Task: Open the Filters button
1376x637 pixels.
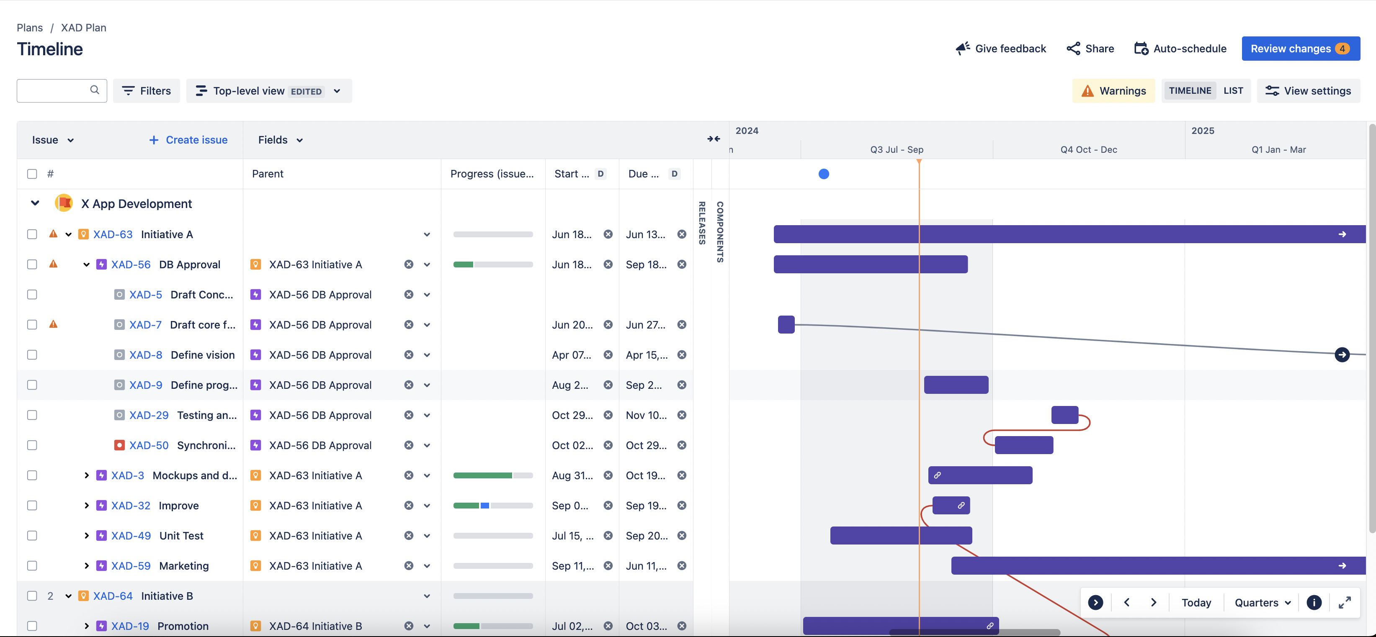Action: [x=147, y=91]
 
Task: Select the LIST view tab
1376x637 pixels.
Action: [x=1233, y=91]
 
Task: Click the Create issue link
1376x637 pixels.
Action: [x=188, y=140]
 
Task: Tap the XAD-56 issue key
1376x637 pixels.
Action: [x=131, y=265]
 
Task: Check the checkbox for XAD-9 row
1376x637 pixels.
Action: [x=32, y=385]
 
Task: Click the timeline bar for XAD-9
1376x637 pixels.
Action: [x=956, y=385]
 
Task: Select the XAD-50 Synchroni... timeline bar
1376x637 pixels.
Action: [x=1023, y=445]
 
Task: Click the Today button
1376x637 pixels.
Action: [x=1196, y=602]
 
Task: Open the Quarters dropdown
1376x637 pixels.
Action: [x=1262, y=602]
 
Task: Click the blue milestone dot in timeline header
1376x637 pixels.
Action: [x=823, y=174]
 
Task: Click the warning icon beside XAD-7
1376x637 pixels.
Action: [x=54, y=324]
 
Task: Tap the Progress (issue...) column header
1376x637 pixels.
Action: [x=492, y=174]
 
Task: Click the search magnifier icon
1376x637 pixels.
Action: [x=95, y=90]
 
